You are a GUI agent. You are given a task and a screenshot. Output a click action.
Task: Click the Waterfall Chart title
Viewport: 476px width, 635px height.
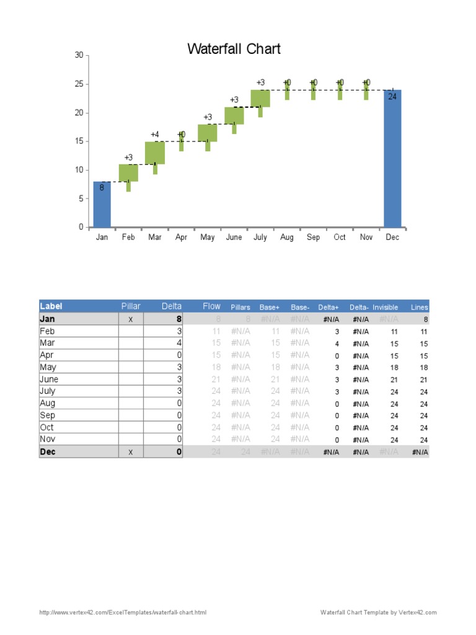234,49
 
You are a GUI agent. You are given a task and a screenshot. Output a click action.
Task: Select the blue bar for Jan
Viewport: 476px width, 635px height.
102,205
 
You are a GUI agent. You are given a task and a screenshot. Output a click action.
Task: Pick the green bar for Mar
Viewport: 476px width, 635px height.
155,153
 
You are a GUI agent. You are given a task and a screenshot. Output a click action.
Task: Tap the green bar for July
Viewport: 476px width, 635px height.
260,99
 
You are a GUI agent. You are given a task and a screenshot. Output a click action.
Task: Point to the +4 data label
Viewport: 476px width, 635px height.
155,135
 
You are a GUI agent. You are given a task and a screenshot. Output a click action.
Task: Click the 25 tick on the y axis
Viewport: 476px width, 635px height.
79,84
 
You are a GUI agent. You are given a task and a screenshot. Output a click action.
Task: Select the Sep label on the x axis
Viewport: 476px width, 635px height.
313,238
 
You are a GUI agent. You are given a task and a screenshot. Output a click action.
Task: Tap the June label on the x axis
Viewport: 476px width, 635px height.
234,238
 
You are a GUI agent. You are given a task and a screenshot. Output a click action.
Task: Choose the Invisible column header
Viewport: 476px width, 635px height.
385,307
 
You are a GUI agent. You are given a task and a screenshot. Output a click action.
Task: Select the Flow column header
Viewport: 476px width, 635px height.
211,306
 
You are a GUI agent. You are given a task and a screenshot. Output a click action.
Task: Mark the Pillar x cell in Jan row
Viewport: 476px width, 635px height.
130,319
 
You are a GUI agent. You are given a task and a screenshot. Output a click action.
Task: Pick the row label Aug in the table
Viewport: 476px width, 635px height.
47,404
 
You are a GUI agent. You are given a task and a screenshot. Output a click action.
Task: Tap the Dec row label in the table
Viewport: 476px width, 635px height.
48,452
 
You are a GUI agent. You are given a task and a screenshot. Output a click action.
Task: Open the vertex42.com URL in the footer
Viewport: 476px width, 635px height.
123,613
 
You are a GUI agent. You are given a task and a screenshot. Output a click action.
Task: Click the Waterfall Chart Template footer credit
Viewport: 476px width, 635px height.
378,613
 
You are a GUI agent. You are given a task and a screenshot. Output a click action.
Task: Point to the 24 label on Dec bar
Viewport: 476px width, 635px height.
392,97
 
